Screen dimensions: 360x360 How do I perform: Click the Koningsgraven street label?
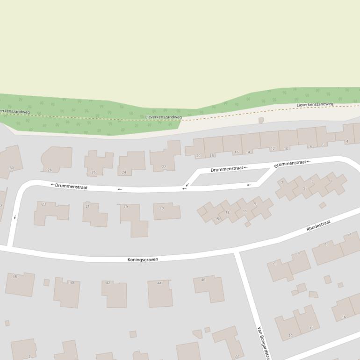tap(143, 259)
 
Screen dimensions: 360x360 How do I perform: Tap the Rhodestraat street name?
tap(318, 226)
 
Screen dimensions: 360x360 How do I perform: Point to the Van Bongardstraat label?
tap(263, 343)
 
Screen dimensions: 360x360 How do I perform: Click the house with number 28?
tap(57, 159)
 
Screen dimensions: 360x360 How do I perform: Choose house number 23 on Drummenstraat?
tap(50, 213)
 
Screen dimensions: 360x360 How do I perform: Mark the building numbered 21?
tap(94, 215)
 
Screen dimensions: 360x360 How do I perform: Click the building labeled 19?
tap(134, 219)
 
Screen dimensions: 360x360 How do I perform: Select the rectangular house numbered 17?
tap(166, 211)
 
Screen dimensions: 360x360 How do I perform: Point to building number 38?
tap(20, 284)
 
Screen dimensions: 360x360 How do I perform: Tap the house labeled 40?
tap(67, 293)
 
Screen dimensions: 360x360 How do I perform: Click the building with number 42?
tap(115, 294)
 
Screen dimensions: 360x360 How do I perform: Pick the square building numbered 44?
tap(160, 293)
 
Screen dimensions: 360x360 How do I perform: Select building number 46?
tap(209, 288)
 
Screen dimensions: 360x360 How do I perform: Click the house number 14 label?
tap(248, 152)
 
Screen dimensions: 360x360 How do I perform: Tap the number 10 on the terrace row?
tap(286, 149)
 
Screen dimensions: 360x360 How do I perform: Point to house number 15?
tap(217, 219)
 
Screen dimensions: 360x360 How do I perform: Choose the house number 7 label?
tap(282, 183)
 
